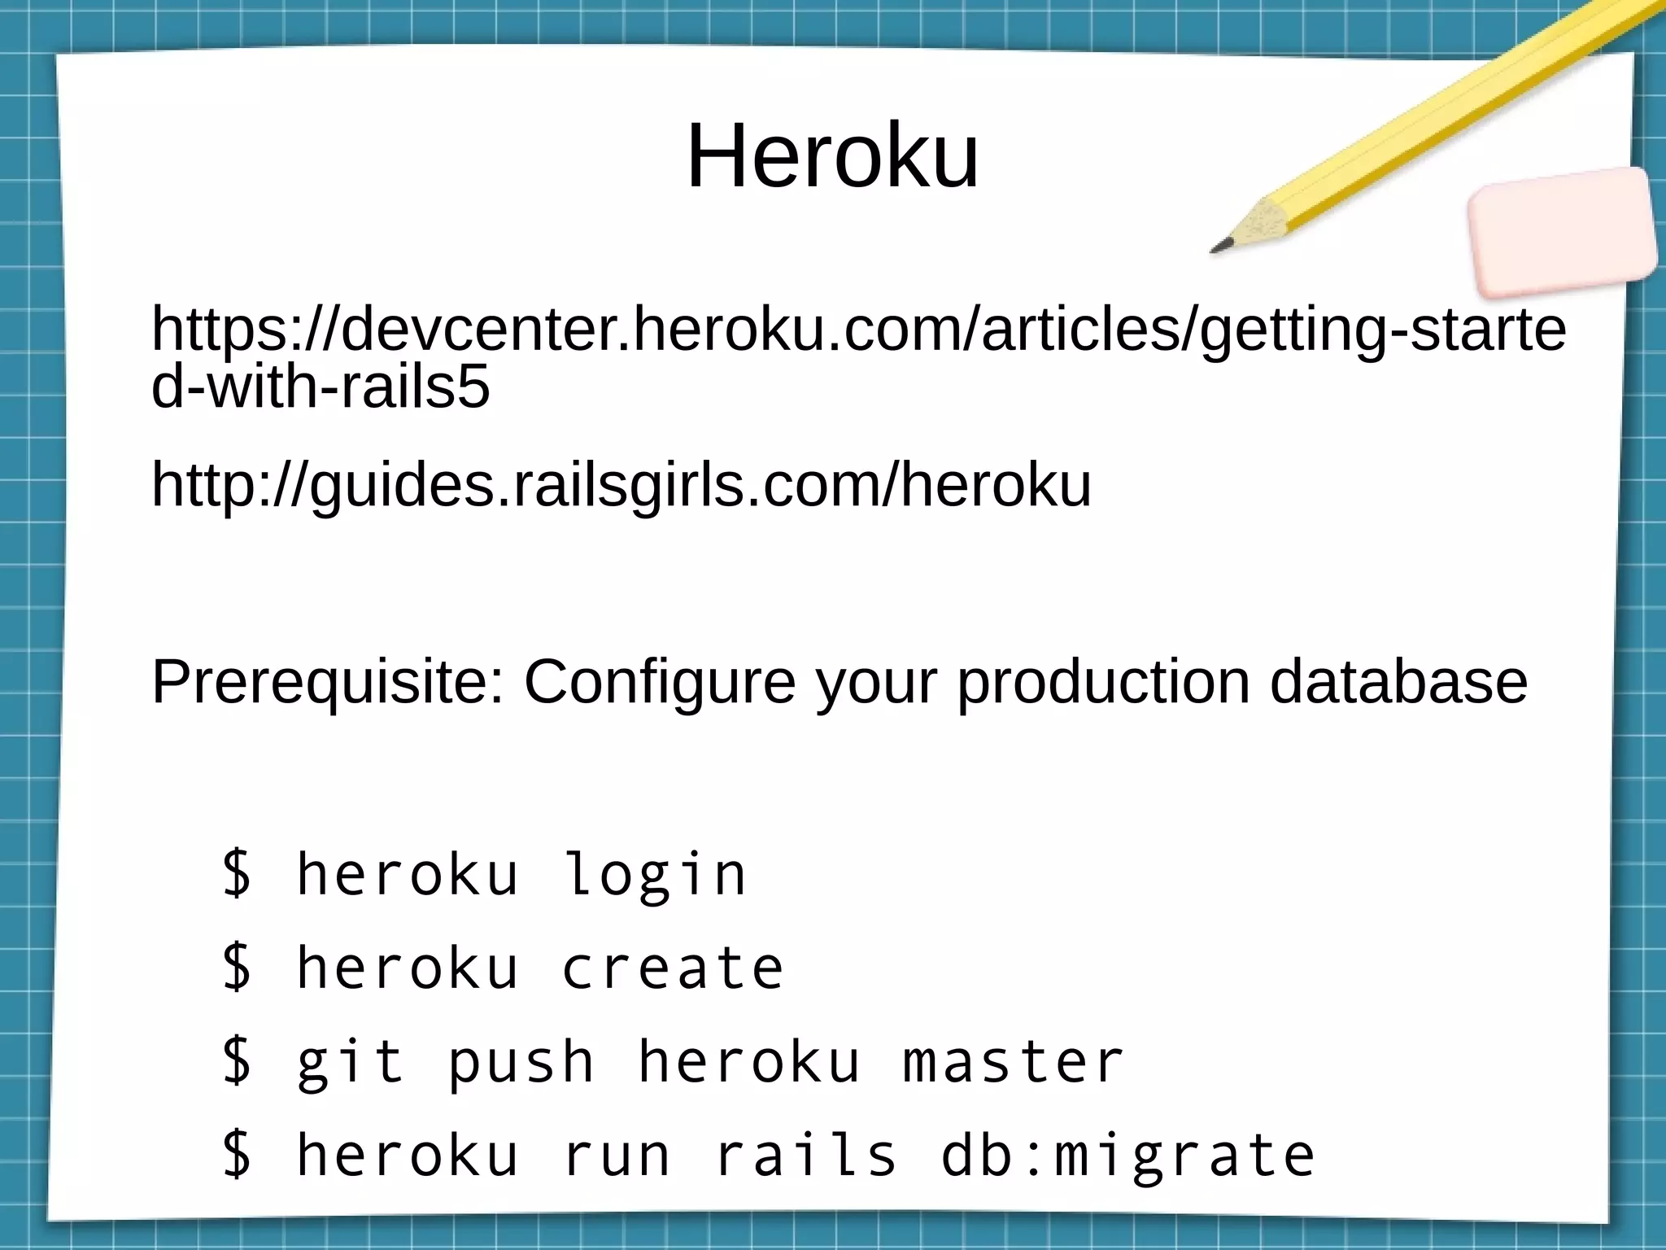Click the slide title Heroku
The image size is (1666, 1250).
tap(832, 155)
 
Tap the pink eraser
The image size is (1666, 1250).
tap(1563, 231)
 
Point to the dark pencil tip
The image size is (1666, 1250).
tap(1220, 245)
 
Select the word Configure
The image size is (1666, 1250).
tap(660, 682)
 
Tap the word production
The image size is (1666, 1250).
tap(1102, 682)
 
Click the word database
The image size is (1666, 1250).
tap(1398, 682)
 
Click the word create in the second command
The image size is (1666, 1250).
tap(673, 968)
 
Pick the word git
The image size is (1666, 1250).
tap(351, 1063)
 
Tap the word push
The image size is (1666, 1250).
tap(521, 1063)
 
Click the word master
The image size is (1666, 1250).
tap(1014, 1061)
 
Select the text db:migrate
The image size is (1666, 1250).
tap(1127, 1156)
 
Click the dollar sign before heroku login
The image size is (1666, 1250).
tap(237, 873)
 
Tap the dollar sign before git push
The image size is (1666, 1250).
tap(237, 1061)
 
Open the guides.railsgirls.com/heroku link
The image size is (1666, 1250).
tap(621, 486)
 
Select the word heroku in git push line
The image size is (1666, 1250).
tap(748, 1061)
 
